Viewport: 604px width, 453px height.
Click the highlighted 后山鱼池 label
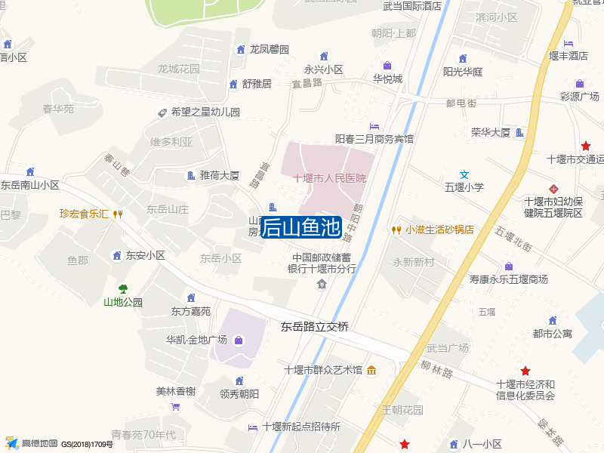click(301, 227)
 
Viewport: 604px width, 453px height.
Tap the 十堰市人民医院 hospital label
click(329, 178)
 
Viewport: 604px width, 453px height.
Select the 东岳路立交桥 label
click(315, 327)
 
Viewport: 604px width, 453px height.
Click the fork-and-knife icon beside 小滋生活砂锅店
click(396, 230)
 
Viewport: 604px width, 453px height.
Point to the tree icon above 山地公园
click(122, 288)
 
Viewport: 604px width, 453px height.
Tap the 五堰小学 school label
click(464, 187)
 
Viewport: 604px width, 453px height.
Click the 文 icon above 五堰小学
click(465, 174)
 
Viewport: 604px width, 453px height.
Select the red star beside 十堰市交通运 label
click(585, 146)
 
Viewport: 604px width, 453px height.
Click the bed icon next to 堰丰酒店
click(568, 42)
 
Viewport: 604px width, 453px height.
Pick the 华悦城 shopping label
click(387, 78)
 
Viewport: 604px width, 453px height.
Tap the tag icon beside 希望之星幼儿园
click(162, 112)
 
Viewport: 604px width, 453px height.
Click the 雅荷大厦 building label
click(219, 176)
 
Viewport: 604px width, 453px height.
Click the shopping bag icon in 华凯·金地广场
click(239, 341)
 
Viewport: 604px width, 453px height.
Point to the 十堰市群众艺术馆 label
click(323, 370)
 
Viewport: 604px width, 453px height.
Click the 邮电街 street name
click(461, 103)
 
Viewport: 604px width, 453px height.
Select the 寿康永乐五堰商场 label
click(508, 279)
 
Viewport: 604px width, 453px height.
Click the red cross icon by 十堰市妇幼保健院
click(554, 187)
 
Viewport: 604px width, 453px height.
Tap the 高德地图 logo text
click(39, 443)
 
